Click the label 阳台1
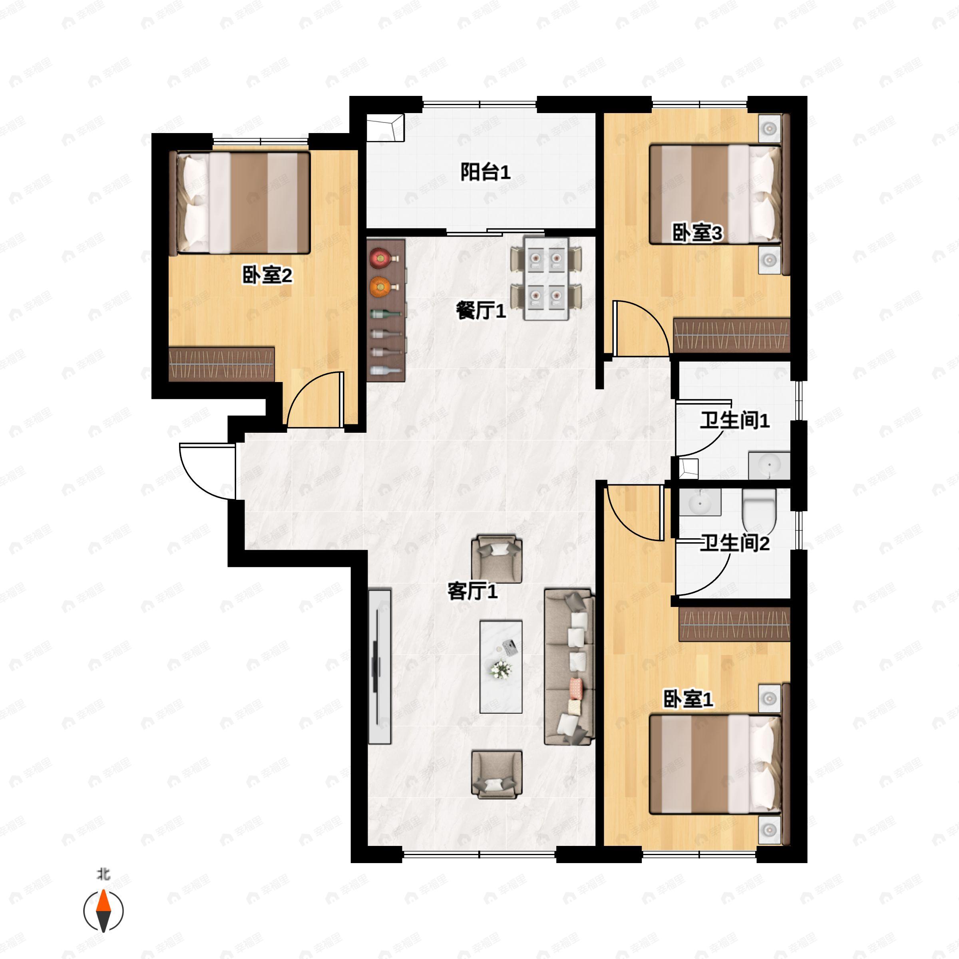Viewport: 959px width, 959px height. (x=485, y=172)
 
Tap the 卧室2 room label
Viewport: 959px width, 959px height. (x=267, y=275)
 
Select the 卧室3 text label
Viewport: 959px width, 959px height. (x=697, y=233)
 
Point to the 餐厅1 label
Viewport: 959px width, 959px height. (x=480, y=311)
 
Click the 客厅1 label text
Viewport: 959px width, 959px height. (x=472, y=591)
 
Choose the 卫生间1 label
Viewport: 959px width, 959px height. (x=735, y=420)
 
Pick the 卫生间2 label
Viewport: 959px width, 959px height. (x=735, y=543)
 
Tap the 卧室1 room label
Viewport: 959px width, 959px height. (x=688, y=699)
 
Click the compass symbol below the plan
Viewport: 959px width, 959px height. (x=103, y=911)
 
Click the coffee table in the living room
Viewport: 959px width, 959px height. (x=501, y=667)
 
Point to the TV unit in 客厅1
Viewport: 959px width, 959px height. (x=380, y=666)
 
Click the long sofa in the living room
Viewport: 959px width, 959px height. (x=569, y=667)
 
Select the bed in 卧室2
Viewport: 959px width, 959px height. (x=239, y=203)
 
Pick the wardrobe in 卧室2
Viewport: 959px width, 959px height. (x=221, y=364)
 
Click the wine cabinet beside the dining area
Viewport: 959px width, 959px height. (x=386, y=310)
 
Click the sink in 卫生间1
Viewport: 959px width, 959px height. (x=769, y=465)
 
